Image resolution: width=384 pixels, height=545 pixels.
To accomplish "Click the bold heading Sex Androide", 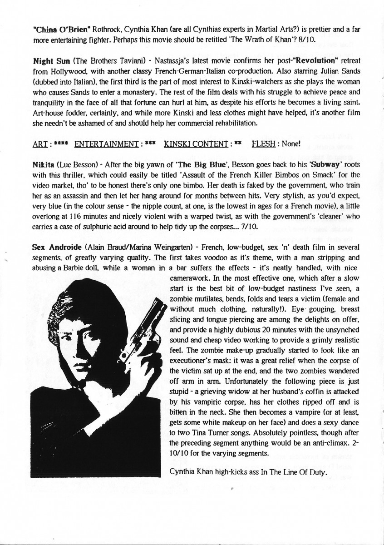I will (57, 248).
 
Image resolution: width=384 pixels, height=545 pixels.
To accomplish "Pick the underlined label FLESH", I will (262, 144).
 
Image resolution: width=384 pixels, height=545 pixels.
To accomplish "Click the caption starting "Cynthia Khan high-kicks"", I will (248, 472).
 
